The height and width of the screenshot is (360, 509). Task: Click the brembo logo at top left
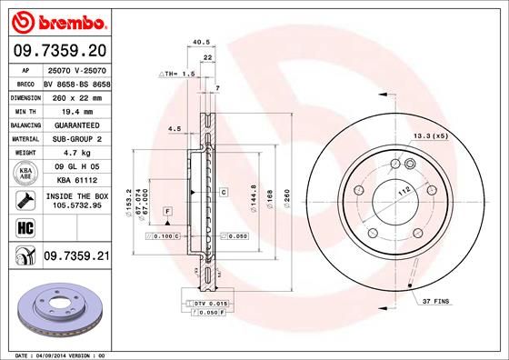56,19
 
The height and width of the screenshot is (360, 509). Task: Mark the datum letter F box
168,211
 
